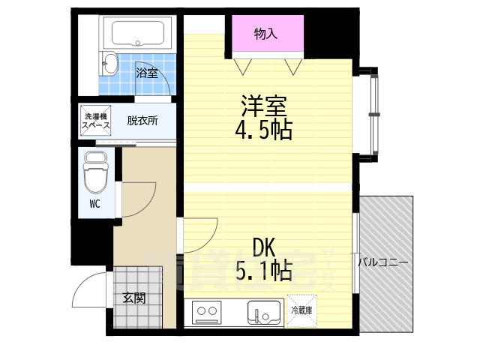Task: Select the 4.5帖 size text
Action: click(263, 130)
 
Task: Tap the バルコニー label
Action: click(382, 262)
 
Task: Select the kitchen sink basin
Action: click(263, 311)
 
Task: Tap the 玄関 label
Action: click(134, 298)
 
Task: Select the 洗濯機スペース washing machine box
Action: click(96, 121)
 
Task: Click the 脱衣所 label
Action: click(142, 120)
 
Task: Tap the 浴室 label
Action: click(147, 73)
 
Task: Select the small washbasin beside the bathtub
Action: click(109, 62)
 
